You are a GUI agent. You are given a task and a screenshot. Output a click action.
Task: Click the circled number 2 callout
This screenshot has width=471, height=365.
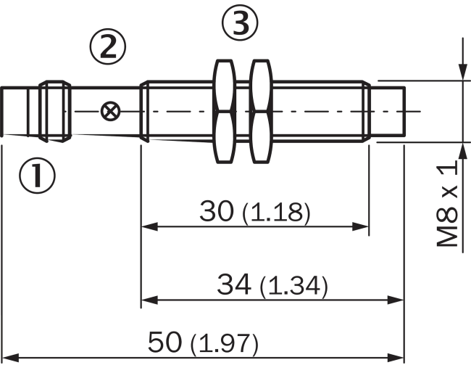tap(107, 47)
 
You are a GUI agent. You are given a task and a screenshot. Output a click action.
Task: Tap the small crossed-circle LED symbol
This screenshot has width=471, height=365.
tap(110, 111)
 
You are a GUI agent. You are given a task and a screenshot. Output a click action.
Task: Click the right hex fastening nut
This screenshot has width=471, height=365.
tap(259, 111)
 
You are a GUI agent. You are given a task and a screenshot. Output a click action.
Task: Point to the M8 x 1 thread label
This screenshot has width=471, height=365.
tap(450, 205)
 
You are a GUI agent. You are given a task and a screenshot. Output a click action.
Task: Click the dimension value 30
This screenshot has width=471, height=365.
tap(217, 211)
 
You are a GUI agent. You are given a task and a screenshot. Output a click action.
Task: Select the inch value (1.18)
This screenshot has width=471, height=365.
tap(276, 213)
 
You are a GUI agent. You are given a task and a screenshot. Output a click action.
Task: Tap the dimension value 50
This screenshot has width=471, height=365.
tap(166, 341)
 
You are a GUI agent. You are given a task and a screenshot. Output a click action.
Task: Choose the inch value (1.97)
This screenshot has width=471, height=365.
tap(225, 343)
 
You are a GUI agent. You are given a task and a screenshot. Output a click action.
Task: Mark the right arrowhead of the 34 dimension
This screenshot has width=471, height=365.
tap(396, 299)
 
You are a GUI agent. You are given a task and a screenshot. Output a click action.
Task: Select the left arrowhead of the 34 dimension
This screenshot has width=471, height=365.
tap(147, 299)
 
